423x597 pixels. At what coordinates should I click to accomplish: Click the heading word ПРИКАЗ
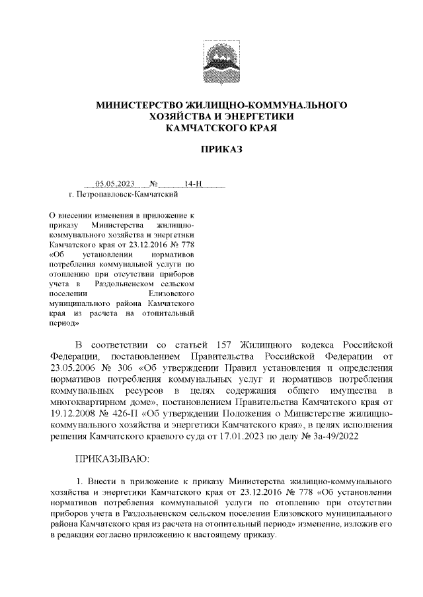[222, 150]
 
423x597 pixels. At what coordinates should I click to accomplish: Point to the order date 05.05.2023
[114, 185]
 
